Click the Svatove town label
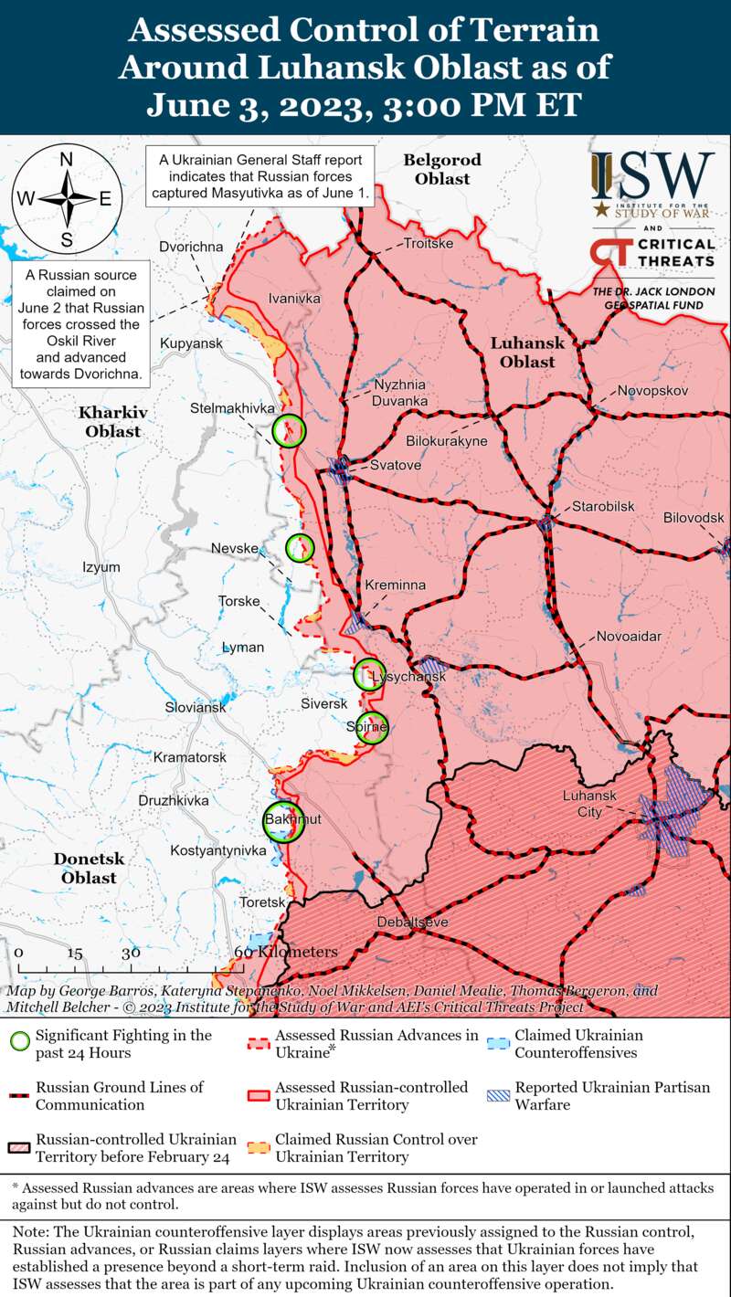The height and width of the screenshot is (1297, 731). (x=396, y=466)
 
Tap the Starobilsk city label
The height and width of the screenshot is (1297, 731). (x=603, y=507)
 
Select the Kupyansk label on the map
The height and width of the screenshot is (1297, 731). (x=191, y=343)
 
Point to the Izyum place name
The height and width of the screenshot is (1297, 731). (x=101, y=567)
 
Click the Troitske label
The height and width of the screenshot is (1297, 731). (x=428, y=244)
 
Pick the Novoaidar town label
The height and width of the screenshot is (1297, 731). (x=629, y=637)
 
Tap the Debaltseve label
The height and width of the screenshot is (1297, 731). (x=413, y=923)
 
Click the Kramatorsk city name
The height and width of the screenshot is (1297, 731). (x=190, y=757)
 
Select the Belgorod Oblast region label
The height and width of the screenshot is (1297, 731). (x=442, y=169)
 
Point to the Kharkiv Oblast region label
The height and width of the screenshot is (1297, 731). (x=113, y=421)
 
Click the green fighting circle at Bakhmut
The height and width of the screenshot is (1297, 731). (x=282, y=820)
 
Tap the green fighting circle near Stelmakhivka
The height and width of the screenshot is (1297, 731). (x=290, y=429)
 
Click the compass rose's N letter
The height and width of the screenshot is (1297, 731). (x=67, y=160)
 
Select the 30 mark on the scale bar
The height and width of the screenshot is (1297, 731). (x=131, y=953)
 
